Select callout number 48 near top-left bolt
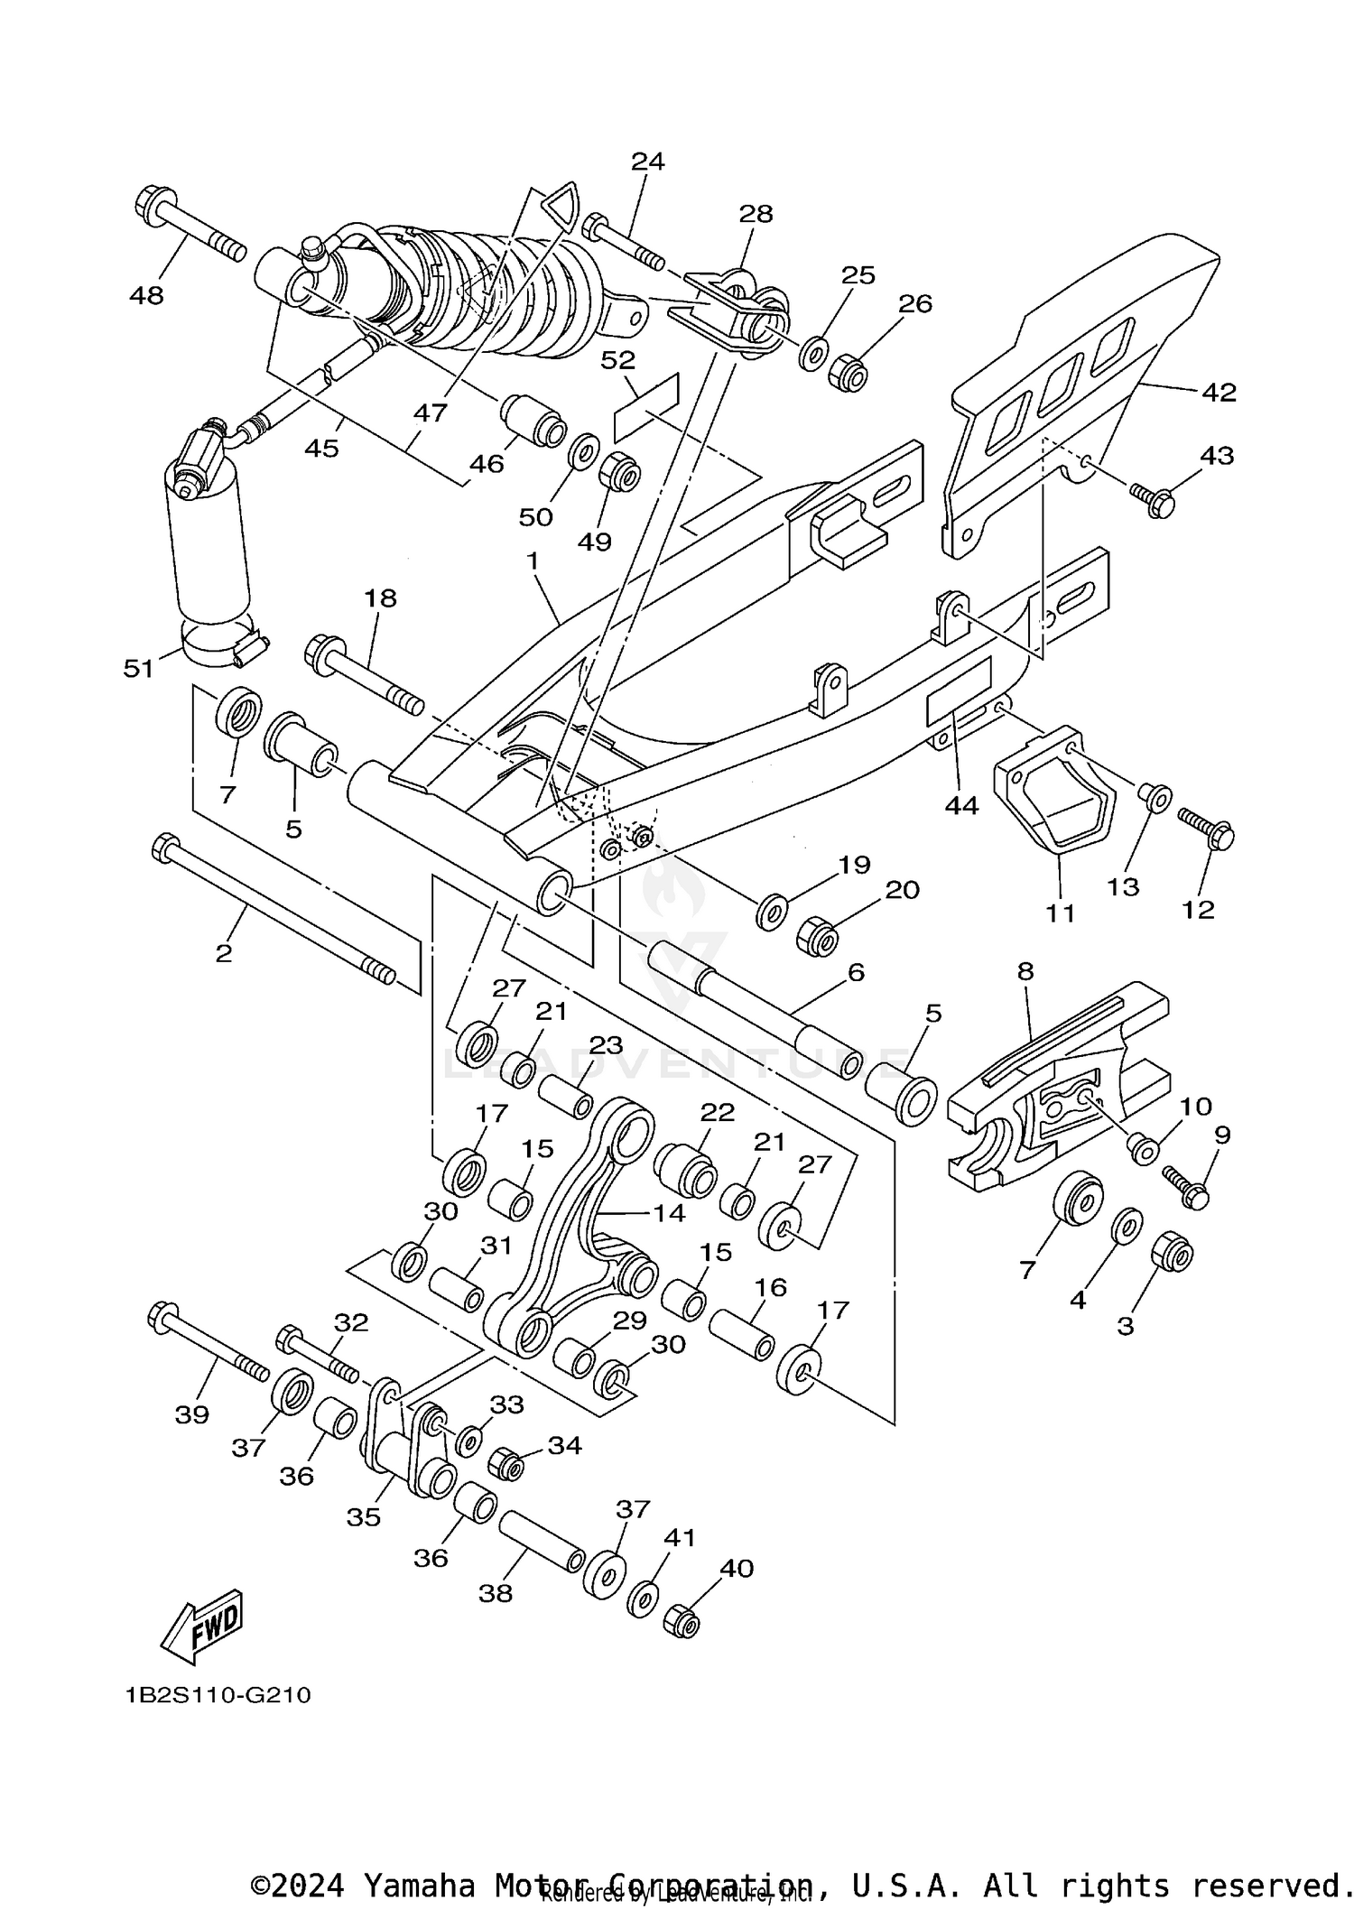click(147, 295)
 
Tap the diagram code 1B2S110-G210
click(218, 1695)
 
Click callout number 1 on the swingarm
click(533, 561)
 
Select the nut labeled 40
click(682, 1622)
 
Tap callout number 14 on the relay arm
click(669, 1212)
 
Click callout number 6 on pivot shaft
click(856, 972)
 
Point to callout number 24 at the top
click(647, 162)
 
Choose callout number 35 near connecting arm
click(364, 1517)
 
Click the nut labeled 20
click(818, 939)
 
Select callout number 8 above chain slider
click(1025, 972)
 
